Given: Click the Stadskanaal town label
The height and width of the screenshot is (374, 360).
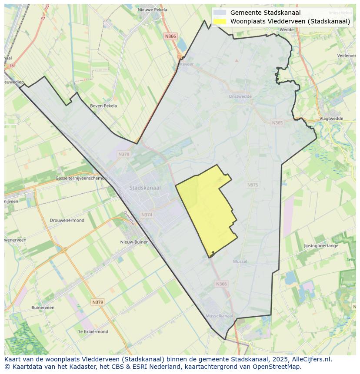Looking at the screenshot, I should pyautogui.click(x=145, y=188).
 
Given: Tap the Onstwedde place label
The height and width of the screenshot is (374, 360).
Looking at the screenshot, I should pyautogui.click(x=240, y=97).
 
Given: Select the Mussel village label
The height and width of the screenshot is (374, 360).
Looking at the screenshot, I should pyautogui.click(x=240, y=261).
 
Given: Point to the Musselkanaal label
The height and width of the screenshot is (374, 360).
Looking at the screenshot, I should pyautogui.click(x=219, y=316).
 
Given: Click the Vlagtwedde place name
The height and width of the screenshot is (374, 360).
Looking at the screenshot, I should pyautogui.click(x=331, y=119).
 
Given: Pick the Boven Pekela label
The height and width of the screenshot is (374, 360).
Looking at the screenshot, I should pyautogui.click(x=103, y=106).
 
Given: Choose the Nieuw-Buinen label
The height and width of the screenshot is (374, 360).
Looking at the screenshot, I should pyautogui.click(x=134, y=242).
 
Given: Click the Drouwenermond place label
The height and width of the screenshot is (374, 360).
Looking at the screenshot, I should pyautogui.click(x=67, y=220).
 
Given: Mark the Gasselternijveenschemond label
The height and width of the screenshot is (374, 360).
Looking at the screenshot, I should pyautogui.click(x=83, y=179).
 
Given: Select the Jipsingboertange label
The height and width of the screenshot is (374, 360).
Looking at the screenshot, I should pyautogui.click(x=321, y=246).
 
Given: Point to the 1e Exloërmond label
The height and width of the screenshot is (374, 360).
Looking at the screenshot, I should pyautogui.click(x=93, y=331).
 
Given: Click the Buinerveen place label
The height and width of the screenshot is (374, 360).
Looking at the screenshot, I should pyautogui.click(x=43, y=308).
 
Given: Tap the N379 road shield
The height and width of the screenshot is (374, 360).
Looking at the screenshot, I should pyautogui.click(x=97, y=302).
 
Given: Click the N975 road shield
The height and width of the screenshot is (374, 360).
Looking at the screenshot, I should pyautogui.click(x=253, y=185).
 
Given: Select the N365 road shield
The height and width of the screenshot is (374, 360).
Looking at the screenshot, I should pyautogui.click(x=277, y=123).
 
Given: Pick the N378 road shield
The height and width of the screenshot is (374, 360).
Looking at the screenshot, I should pyautogui.click(x=123, y=154).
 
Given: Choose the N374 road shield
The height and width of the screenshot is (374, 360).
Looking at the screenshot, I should pyautogui.click(x=147, y=215).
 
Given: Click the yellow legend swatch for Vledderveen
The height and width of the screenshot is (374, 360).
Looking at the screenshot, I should pyautogui.click(x=220, y=21).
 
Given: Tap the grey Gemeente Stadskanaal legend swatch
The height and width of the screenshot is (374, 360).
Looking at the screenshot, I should pyautogui.click(x=220, y=13).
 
